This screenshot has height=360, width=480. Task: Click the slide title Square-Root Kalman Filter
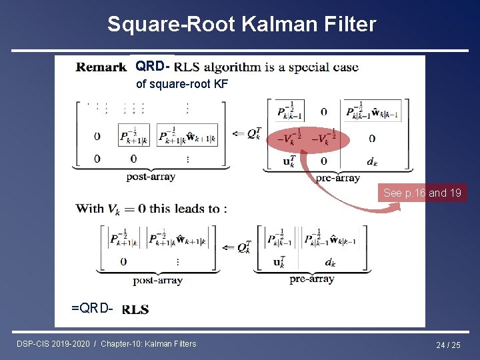241,25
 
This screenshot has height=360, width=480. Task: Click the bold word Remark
101,67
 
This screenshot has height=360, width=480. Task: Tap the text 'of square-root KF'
181,84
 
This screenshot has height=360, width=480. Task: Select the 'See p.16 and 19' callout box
422,193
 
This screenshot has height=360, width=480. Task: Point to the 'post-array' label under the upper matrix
151,177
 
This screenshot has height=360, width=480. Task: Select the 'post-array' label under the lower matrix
157,281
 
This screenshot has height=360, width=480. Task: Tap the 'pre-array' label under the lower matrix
311,279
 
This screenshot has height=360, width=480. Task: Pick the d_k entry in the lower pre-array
329,263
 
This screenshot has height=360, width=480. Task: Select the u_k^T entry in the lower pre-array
278,263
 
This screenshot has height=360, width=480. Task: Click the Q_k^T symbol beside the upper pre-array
254,133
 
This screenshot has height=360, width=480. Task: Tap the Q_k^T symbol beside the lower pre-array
245,247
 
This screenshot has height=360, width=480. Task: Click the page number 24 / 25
448,345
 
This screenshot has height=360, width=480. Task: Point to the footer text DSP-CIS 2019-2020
53,344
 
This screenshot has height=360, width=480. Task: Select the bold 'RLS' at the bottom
135,309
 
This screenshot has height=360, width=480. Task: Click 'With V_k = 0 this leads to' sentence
151,209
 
